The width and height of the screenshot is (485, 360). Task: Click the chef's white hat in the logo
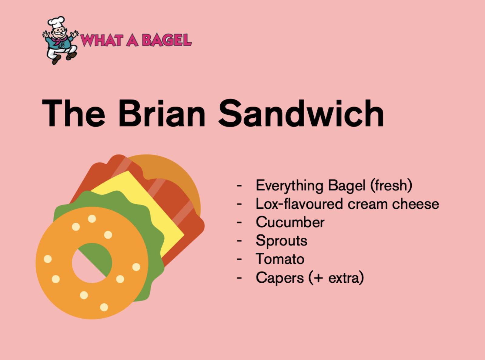56,22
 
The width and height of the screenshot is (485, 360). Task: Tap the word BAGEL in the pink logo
167,40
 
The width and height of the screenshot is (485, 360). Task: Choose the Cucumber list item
290,222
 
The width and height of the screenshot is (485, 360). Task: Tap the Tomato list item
280,259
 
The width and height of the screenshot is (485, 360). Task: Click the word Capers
280,278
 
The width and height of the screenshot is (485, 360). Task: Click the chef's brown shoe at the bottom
56,59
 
